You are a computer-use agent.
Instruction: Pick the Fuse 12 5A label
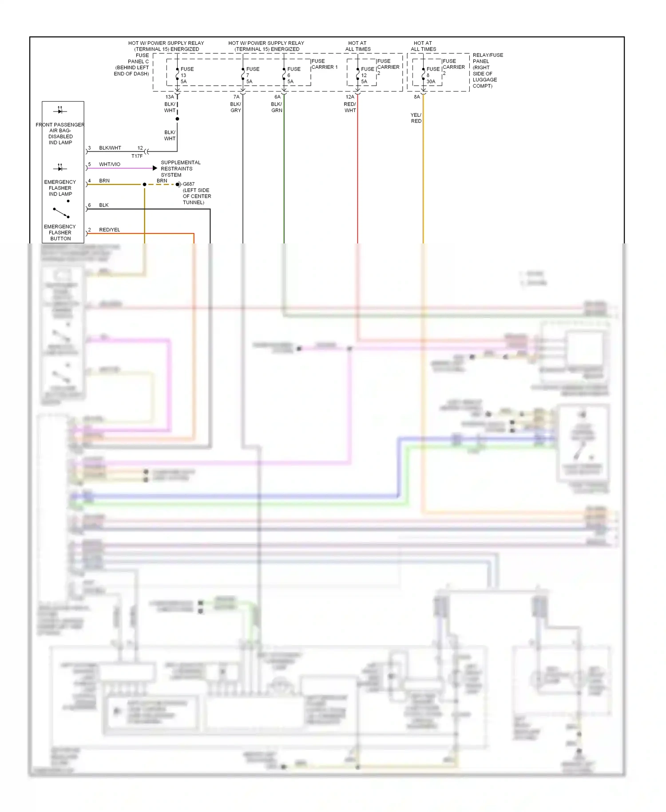[x=367, y=75]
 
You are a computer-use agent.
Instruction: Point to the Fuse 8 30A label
[x=432, y=75]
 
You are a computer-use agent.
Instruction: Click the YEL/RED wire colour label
[x=416, y=118]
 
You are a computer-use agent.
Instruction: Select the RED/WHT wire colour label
[x=350, y=107]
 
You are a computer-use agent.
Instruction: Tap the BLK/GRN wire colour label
[x=277, y=107]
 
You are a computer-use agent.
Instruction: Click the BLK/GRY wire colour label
[x=236, y=107]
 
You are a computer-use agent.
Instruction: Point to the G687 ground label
[x=189, y=184]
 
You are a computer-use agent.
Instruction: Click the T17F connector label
[x=137, y=156]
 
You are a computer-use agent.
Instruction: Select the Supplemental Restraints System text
[x=180, y=168]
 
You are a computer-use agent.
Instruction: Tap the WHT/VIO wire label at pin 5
[x=110, y=164]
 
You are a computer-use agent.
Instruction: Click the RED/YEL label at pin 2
[x=110, y=230]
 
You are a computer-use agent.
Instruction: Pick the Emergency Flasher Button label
[x=60, y=232]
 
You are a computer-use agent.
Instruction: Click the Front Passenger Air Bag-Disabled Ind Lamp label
[x=60, y=133]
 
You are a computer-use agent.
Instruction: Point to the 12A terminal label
[x=350, y=97]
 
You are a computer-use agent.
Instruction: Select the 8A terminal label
[x=416, y=97]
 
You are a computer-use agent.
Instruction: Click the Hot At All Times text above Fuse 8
[x=423, y=46]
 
